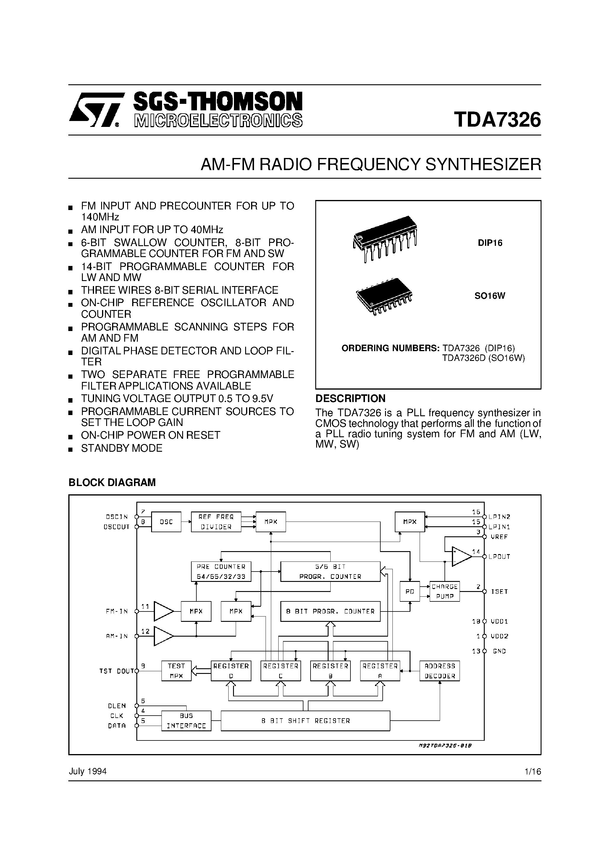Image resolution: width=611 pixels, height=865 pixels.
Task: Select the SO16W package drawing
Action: click(384, 296)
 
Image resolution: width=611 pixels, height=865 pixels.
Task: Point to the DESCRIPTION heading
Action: click(350, 398)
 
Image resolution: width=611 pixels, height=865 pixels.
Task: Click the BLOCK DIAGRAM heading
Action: click(112, 482)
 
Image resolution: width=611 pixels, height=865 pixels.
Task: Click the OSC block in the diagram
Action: click(166, 522)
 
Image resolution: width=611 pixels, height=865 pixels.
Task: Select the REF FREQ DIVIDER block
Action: click(216, 522)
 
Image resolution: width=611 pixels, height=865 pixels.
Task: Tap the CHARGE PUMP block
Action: click(444, 591)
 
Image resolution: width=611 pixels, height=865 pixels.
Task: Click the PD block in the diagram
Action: click(410, 591)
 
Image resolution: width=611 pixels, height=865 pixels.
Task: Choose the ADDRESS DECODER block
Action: click(439, 671)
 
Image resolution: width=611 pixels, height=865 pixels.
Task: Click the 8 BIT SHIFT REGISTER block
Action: click(305, 721)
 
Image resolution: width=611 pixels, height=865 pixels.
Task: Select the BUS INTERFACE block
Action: click(186, 721)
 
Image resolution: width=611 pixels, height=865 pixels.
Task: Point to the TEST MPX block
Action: click(176, 671)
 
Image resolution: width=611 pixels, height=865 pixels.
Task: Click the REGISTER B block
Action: click(330, 671)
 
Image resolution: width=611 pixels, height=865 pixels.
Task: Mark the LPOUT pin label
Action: click(499, 557)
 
